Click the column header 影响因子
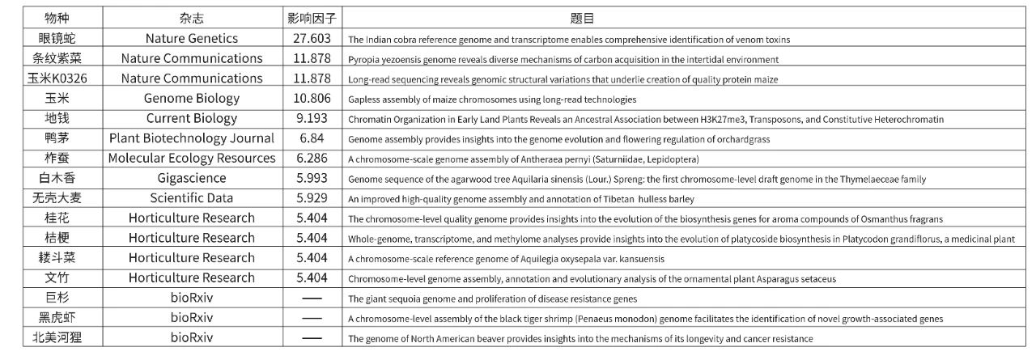pos(312,18)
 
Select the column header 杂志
pos(192,18)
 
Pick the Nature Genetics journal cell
pos(192,38)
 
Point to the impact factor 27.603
pos(312,38)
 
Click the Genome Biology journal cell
pos(192,99)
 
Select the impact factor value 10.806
pos(312,99)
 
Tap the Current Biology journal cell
pos(192,118)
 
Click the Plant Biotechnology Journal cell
pos(192,138)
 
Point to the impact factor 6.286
pos(312,159)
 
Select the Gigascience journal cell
pos(192,178)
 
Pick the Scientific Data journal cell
pos(192,198)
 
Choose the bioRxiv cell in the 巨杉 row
pos(192,298)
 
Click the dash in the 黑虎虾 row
pos(312,318)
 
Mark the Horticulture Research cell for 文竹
pos(192,278)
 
